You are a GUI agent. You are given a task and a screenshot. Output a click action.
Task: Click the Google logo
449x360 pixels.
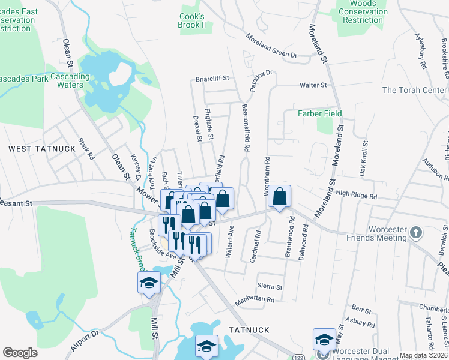(20, 353)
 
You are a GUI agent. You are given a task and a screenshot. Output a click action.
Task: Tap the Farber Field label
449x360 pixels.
(320, 113)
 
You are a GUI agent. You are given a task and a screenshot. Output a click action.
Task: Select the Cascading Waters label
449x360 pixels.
(70, 80)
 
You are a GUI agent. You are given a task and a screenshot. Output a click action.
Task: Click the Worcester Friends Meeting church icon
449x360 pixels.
(415, 232)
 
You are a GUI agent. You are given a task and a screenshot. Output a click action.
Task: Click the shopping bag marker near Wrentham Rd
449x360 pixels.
(280, 196)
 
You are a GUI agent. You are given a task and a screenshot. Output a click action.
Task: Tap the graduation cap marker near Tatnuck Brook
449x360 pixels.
(149, 283)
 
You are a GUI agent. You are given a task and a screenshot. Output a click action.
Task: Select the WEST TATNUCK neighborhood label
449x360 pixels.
(33, 148)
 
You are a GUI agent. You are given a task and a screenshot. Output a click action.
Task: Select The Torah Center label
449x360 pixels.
(415, 91)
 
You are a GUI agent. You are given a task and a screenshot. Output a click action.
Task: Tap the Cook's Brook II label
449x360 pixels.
(192, 20)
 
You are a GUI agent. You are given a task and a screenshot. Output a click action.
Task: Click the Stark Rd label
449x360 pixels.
(87, 149)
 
